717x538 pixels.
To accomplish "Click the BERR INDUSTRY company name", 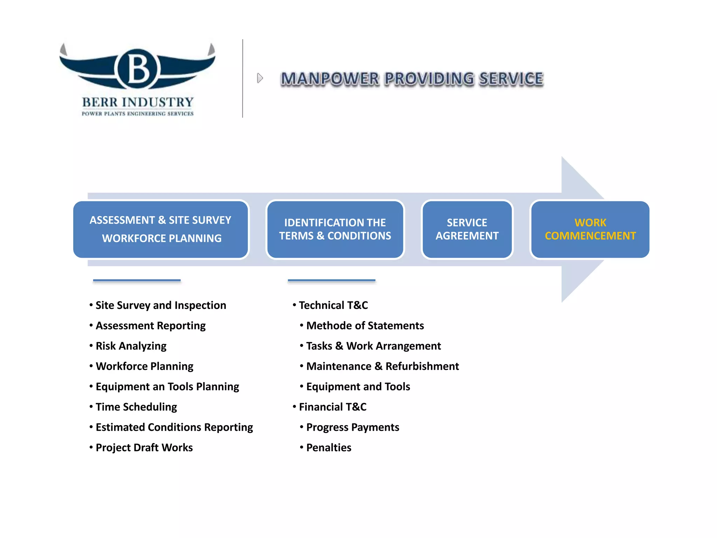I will (138, 102).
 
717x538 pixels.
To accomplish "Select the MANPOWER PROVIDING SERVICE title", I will (412, 79).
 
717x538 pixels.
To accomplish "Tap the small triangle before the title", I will (259, 78).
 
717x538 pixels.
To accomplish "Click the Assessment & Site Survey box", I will (161, 229).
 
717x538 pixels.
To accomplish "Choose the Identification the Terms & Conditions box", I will (335, 229).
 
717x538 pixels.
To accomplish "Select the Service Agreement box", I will (467, 229).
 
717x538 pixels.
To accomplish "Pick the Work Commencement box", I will (590, 229).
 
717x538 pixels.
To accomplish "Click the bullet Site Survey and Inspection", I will (161, 305).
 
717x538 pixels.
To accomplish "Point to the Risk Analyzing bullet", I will (131, 346).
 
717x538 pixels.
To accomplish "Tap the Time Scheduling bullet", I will (136, 407).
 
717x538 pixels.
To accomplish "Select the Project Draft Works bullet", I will (144, 448).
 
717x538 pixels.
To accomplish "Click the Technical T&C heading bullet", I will (333, 305).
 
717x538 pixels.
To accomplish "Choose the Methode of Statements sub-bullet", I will (365, 326).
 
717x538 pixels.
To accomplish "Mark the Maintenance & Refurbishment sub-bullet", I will (382, 366).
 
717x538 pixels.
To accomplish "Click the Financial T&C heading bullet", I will (333, 407).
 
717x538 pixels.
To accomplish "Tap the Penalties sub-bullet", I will (329, 448).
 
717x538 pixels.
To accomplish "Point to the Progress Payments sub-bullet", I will (353, 427).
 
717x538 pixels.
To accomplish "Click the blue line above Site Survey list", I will (137, 281).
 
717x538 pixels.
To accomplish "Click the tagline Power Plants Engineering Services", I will (138, 113).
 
